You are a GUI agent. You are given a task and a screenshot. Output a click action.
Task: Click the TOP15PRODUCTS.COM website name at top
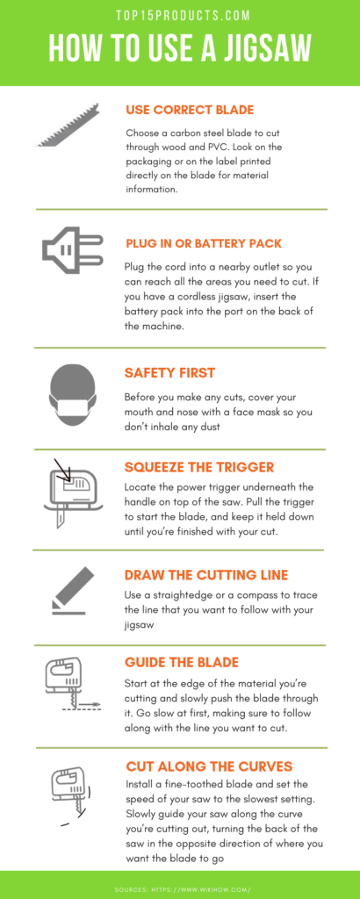pyautogui.click(x=180, y=16)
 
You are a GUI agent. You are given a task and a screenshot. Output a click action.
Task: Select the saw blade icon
pyautogui.click(x=68, y=126)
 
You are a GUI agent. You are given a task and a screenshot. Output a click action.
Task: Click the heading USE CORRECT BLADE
pyautogui.click(x=190, y=110)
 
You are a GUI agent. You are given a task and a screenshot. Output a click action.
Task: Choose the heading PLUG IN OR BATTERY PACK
pyautogui.click(x=204, y=244)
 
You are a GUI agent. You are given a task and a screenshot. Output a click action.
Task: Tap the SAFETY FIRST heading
pyautogui.click(x=169, y=373)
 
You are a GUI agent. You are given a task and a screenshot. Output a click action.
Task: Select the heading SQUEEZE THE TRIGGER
pyautogui.click(x=199, y=467)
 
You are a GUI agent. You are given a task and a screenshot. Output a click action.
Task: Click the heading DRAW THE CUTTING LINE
pyautogui.click(x=206, y=575)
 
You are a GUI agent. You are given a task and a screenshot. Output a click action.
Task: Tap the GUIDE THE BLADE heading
pyautogui.click(x=181, y=663)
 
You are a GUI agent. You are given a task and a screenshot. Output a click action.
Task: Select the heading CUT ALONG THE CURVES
pyautogui.click(x=209, y=766)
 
